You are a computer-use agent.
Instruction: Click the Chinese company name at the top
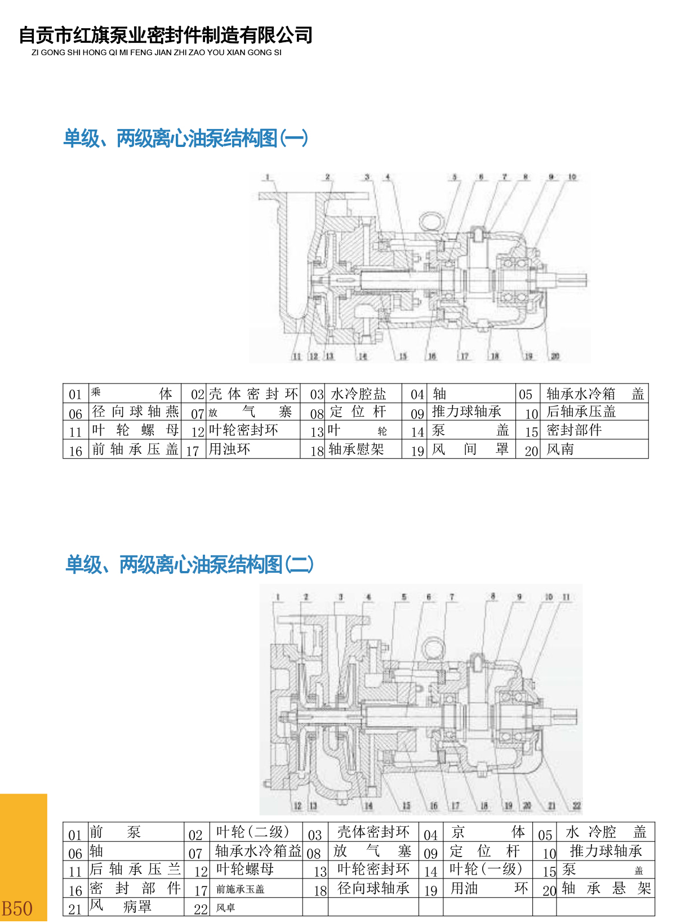click(166, 35)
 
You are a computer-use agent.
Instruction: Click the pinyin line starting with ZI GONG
click(157, 52)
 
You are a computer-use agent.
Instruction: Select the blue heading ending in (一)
click(186, 138)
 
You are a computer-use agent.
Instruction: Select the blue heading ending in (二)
click(190, 564)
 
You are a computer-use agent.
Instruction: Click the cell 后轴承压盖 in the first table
click(581, 412)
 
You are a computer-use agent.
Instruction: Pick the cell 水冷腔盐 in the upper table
click(358, 394)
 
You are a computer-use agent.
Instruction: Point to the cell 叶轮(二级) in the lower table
click(252, 832)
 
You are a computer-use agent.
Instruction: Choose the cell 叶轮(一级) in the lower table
click(486, 869)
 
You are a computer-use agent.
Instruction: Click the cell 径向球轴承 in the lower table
click(373, 888)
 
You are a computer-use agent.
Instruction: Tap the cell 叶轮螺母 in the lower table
click(245, 869)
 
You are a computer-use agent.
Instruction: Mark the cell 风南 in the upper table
click(560, 449)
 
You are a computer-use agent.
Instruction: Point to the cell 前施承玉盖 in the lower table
click(240, 889)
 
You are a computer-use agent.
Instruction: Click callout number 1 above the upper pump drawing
click(268, 177)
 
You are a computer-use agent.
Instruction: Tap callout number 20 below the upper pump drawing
click(555, 356)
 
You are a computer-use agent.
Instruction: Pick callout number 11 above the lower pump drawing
click(566, 597)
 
